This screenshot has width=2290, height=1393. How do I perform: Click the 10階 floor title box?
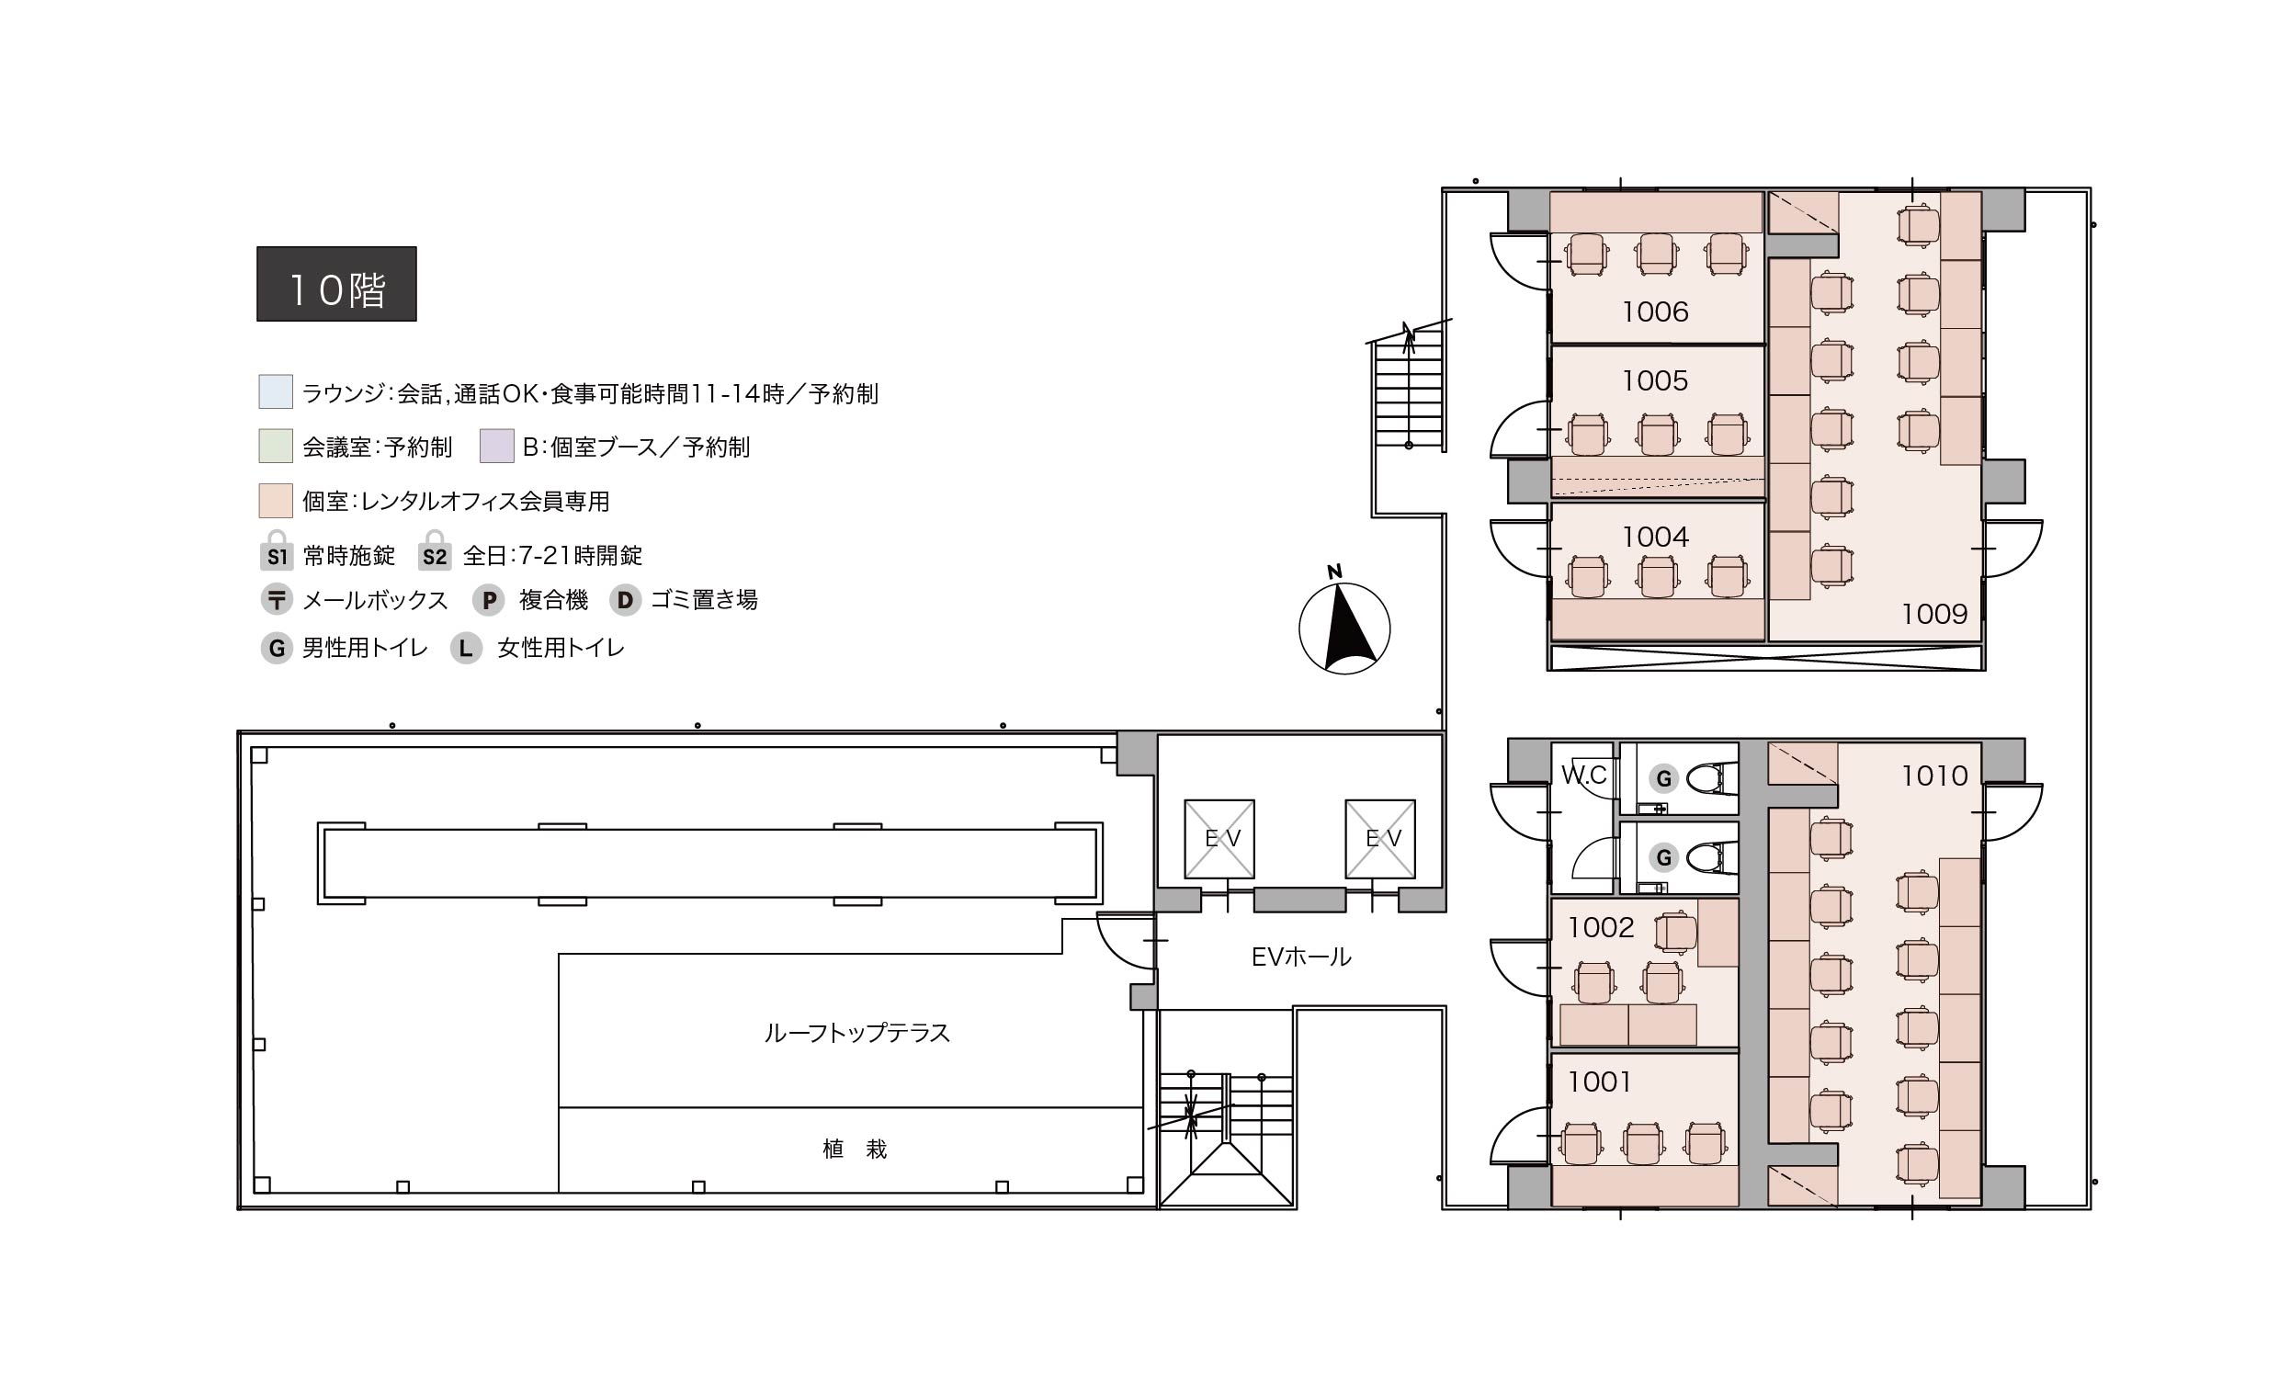(336, 283)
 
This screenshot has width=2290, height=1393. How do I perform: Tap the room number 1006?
(1655, 311)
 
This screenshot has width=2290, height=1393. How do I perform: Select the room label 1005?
(1655, 380)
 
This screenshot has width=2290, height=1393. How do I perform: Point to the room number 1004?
(1655, 537)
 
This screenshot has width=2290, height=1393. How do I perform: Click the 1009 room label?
(1934, 613)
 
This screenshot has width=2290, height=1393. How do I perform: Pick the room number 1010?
(1934, 775)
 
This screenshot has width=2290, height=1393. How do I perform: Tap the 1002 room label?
(1601, 926)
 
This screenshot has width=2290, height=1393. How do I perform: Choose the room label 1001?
(1600, 1081)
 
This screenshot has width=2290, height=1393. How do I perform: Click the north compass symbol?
(1343, 621)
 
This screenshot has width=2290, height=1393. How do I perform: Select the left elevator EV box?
(1219, 838)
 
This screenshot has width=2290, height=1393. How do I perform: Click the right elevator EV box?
(1380, 838)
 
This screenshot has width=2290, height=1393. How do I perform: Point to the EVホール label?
(1301, 957)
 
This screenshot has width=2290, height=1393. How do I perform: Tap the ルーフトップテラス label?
(856, 1034)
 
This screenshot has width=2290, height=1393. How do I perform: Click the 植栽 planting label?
(855, 1150)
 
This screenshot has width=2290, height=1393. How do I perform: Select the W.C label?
(1583, 774)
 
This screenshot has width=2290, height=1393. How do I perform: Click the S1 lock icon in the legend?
(276, 550)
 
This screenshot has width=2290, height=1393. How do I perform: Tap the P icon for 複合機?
(489, 600)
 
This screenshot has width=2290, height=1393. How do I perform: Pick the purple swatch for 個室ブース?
(497, 446)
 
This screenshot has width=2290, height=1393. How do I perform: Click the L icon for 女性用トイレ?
(466, 648)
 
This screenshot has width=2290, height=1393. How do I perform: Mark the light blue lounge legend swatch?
(276, 392)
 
